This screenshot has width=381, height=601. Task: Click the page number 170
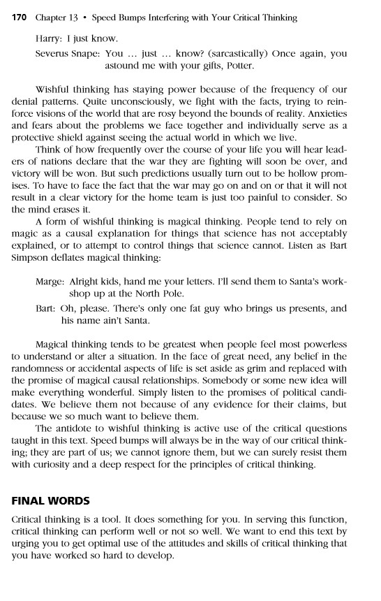(22, 17)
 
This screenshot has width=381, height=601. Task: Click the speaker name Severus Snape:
(68, 53)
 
